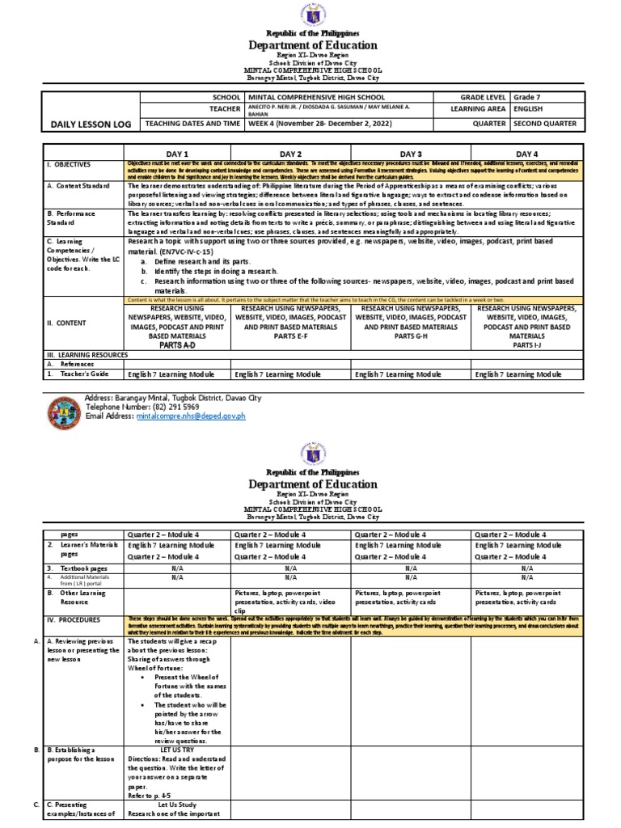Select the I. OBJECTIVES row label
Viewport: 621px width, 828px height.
69,164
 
